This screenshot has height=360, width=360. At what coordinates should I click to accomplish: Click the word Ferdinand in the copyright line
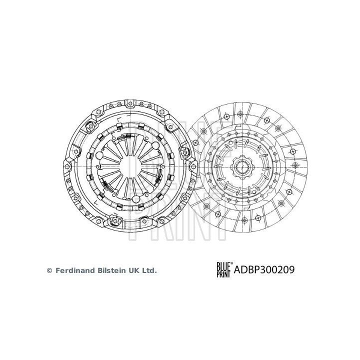pyautogui.click(x=73, y=270)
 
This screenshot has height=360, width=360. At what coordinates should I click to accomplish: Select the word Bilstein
pyautogui.click(x=110, y=270)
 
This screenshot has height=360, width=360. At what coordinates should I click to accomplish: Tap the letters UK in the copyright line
pyautogui.click(x=135, y=270)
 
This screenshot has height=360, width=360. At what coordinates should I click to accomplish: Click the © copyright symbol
pyautogui.click(x=49, y=270)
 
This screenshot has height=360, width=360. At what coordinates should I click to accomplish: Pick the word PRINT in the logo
pyautogui.click(x=223, y=274)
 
